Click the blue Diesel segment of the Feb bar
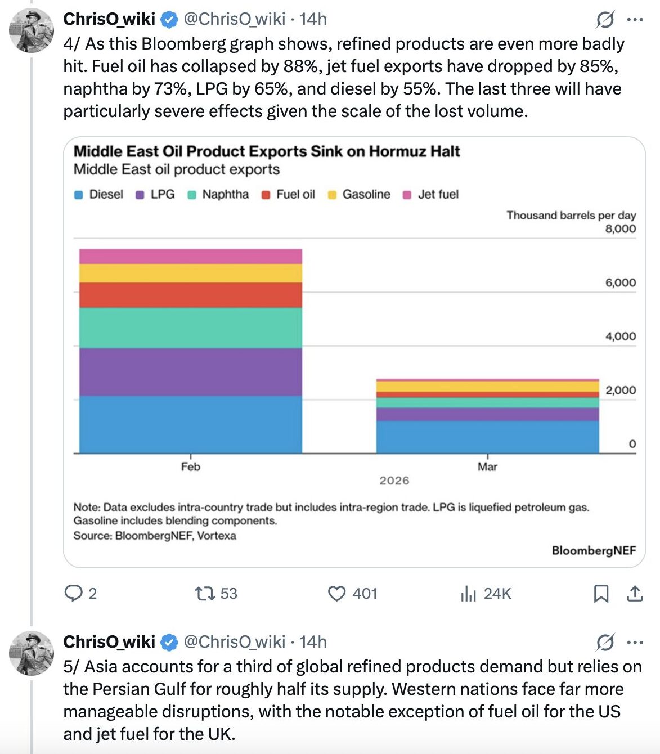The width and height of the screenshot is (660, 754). [190, 424]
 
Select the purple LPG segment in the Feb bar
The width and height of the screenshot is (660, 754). [190, 371]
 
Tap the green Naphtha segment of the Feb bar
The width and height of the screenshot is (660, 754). [190, 327]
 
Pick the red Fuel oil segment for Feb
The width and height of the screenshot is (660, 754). [190, 295]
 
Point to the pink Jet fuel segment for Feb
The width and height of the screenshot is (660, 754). [190, 257]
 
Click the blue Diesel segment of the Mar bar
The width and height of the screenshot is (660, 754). [487, 437]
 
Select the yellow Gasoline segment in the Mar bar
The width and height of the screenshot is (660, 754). [487, 387]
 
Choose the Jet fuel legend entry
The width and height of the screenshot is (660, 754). [438, 194]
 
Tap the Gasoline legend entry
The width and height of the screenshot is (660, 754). [366, 194]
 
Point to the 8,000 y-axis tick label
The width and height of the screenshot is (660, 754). [620, 228]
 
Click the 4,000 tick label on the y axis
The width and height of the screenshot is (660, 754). [620, 336]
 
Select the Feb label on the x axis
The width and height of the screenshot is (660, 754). [190, 466]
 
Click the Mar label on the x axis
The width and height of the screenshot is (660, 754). [487, 466]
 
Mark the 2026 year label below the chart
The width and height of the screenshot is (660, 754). [394, 481]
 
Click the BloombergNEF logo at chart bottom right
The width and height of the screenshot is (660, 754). [594, 550]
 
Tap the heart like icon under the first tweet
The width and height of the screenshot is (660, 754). [336, 594]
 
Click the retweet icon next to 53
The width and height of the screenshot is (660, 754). [204, 594]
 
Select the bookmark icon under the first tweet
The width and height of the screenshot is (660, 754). [601, 594]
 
